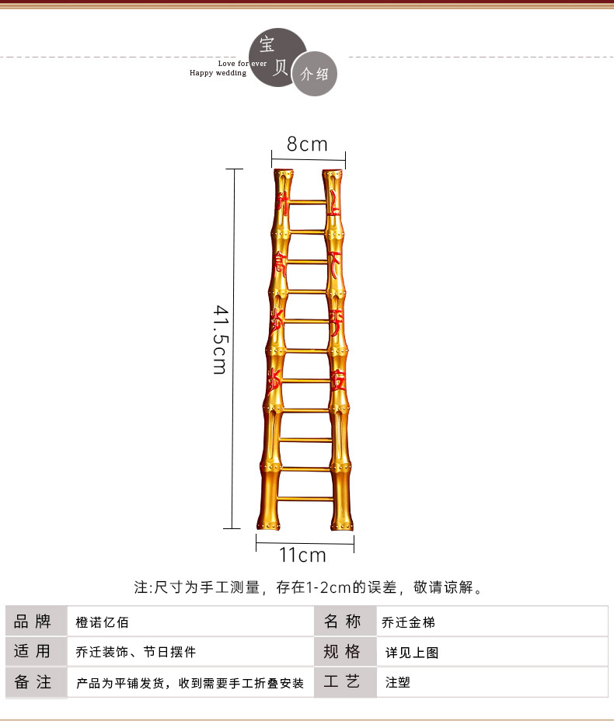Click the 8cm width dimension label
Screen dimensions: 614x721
[x=308, y=144]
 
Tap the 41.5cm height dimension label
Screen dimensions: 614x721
[x=221, y=339]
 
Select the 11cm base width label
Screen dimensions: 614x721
[x=302, y=555]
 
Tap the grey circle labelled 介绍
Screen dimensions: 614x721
[x=314, y=75]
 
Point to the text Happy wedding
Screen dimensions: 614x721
[x=218, y=73]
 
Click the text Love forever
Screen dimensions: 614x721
[x=242, y=63]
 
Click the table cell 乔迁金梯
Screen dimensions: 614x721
[x=414, y=622]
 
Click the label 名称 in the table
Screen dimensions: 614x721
[x=343, y=622]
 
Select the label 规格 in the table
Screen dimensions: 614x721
[x=343, y=651]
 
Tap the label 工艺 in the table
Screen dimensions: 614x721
[x=343, y=682]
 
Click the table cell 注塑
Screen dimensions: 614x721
[x=398, y=682]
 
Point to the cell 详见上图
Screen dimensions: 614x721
[x=412, y=652]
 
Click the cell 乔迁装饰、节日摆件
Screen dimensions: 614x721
[x=136, y=652]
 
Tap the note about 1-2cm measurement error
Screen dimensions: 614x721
[x=309, y=587]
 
